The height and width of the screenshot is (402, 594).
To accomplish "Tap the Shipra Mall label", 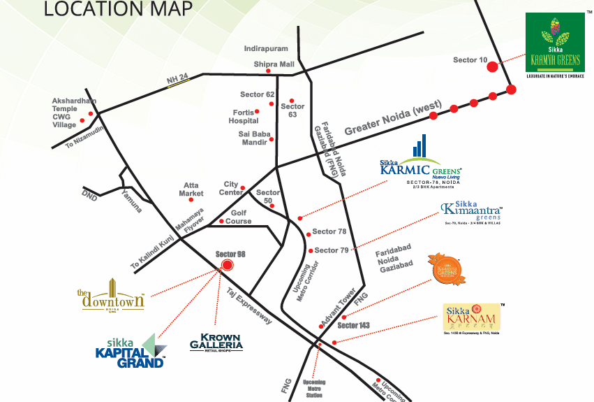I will point(274,64).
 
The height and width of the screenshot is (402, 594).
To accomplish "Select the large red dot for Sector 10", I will point(492,66).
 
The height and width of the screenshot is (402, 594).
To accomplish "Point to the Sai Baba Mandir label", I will point(252,138).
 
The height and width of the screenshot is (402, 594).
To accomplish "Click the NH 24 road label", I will point(178,81).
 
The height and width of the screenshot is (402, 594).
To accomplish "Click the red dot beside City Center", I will point(243,188).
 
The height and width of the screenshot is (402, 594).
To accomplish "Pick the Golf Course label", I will point(238,217).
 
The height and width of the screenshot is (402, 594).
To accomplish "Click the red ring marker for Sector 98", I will point(225,265).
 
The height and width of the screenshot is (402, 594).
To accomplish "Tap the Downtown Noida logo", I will point(111,294).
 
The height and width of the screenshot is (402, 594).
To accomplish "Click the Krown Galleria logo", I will point(216,340).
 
